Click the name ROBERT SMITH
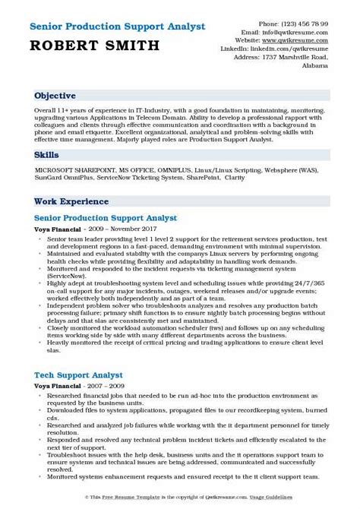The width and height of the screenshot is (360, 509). [84, 46]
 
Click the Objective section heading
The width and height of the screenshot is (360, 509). [54, 96]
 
